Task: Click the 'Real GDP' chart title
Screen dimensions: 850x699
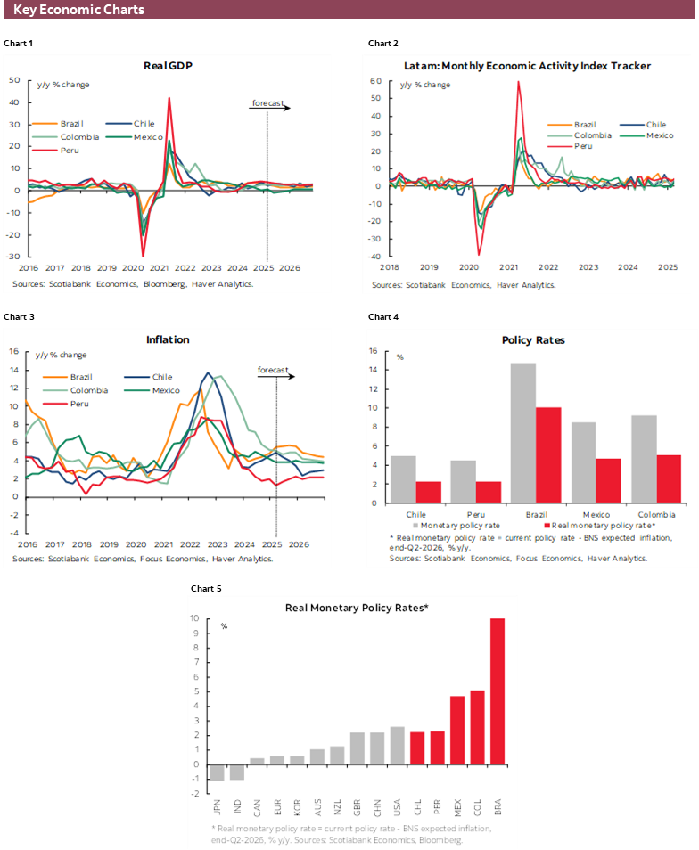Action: coord(168,65)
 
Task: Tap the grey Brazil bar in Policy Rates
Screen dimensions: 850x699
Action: coord(522,433)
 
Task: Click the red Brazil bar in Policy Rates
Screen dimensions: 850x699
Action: coord(547,455)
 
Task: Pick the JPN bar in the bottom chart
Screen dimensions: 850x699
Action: coord(216,772)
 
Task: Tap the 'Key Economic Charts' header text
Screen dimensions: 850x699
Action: coord(78,10)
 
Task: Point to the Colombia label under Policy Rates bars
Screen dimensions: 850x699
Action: coord(654,515)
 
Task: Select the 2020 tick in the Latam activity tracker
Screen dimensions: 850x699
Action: coord(469,266)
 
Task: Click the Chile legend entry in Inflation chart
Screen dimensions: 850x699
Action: coord(161,377)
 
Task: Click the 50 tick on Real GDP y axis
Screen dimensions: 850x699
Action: coord(15,80)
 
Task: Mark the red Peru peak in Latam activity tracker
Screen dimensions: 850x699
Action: coord(518,83)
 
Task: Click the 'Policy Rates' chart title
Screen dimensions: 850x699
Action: coord(533,339)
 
